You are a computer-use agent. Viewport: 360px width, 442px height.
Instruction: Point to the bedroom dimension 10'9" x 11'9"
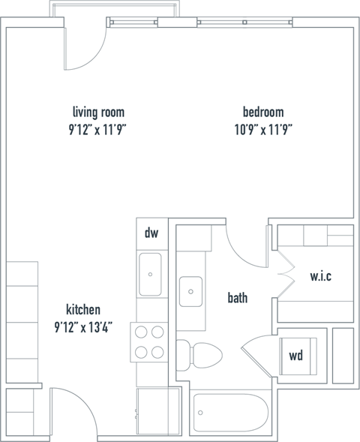[262, 128]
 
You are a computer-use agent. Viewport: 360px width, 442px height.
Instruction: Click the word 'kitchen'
[83, 309]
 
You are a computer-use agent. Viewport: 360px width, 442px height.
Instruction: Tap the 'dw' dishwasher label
[151, 233]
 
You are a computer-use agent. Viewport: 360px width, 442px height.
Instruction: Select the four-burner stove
[148, 342]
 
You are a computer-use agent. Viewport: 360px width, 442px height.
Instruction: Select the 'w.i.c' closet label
[320, 276]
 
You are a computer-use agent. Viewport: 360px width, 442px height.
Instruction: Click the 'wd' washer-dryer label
[296, 356]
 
